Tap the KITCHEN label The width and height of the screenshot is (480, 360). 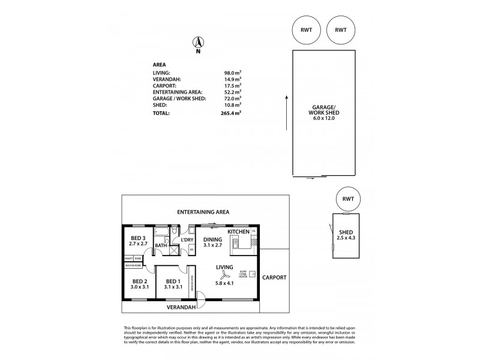238,231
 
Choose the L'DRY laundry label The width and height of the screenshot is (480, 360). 187,240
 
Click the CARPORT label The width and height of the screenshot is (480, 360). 273,277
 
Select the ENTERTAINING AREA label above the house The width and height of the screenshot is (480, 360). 203,212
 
